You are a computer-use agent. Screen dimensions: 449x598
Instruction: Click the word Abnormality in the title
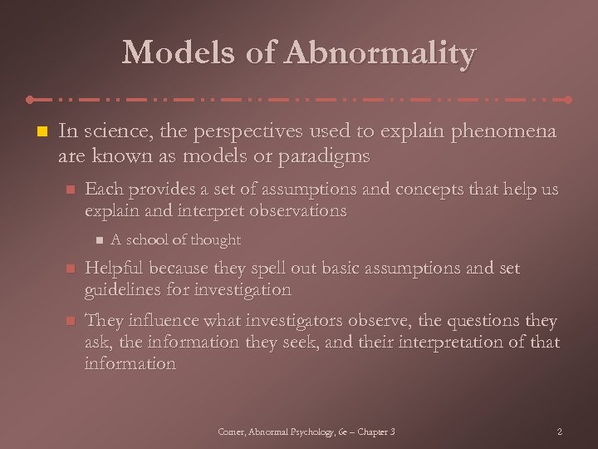[x=381, y=54]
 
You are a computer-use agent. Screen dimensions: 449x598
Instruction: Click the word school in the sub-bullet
[x=145, y=240]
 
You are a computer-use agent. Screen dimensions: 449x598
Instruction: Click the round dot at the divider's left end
[x=30, y=99]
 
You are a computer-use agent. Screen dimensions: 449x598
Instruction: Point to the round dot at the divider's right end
[x=568, y=99]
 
